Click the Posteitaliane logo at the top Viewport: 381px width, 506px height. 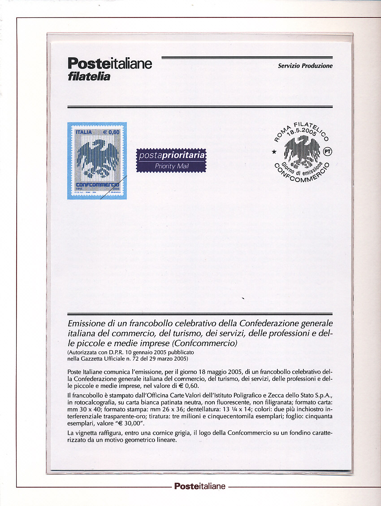pyautogui.click(x=109, y=64)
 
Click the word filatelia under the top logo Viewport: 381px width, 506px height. pyautogui.click(x=88, y=77)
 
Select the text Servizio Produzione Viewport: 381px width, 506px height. pyautogui.click(x=305, y=66)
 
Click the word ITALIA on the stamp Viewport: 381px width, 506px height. pyautogui.click(x=83, y=132)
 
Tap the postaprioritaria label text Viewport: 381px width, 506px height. pyautogui.click(x=172, y=156)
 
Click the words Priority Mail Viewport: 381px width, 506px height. pyautogui.click(x=172, y=166)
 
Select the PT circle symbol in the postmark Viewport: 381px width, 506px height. pyautogui.click(x=328, y=151)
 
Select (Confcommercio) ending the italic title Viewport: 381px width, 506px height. pyautogui.click(x=204, y=344)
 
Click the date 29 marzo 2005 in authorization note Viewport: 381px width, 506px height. pyautogui.click(x=166, y=358)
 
